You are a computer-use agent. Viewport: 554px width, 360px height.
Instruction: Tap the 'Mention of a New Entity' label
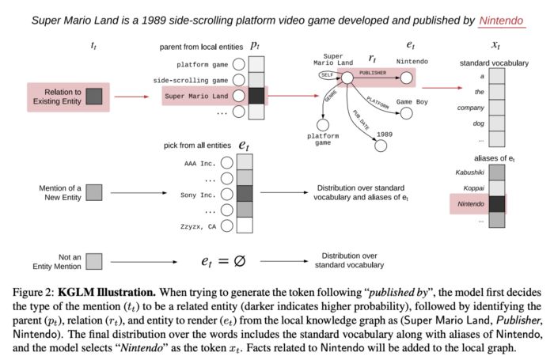click(x=60, y=192)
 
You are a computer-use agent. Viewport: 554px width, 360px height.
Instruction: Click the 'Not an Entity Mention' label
click(x=59, y=257)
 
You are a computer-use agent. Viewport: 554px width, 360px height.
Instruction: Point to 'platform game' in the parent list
click(x=202, y=64)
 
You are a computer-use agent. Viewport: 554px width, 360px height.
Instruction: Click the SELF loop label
click(x=327, y=75)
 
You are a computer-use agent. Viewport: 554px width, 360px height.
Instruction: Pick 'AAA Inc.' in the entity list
click(x=199, y=164)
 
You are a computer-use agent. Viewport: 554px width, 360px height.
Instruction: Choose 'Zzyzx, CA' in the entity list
click(x=198, y=226)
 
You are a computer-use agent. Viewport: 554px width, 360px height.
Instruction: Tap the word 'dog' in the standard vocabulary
click(x=477, y=123)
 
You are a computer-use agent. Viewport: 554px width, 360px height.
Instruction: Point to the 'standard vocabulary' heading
click(x=494, y=63)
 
